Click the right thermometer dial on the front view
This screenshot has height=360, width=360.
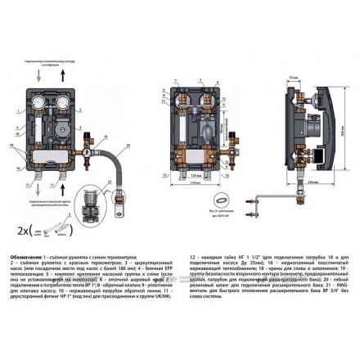coord(65,105)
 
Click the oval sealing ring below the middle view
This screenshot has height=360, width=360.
coord(219,197)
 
